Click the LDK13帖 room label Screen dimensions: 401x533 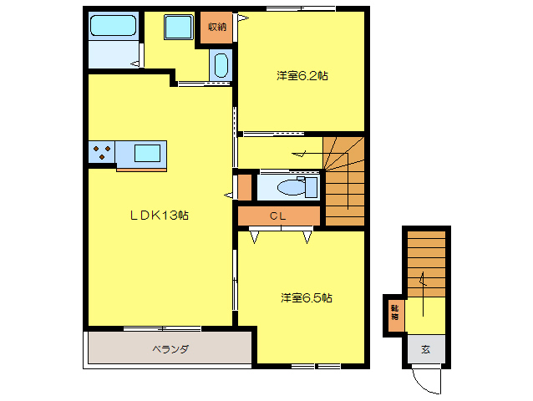[158, 216]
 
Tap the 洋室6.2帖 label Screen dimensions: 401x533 [302, 76]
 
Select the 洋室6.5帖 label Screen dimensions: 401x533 [307, 297]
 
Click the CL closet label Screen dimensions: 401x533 [278, 216]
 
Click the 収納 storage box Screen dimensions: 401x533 [216, 27]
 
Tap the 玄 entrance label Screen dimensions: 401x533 [425, 349]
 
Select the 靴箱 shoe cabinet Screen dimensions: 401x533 [393, 314]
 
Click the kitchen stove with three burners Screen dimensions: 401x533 [102, 153]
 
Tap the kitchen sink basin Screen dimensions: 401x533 [147, 153]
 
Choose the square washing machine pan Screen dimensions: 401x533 [179, 27]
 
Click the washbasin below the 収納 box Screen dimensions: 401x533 [221, 64]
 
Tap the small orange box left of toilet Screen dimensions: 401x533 [244, 186]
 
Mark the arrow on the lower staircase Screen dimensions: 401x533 [424, 281]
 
